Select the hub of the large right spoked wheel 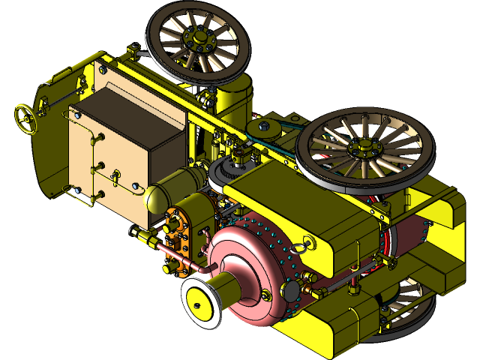362,148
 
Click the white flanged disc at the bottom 200,302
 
